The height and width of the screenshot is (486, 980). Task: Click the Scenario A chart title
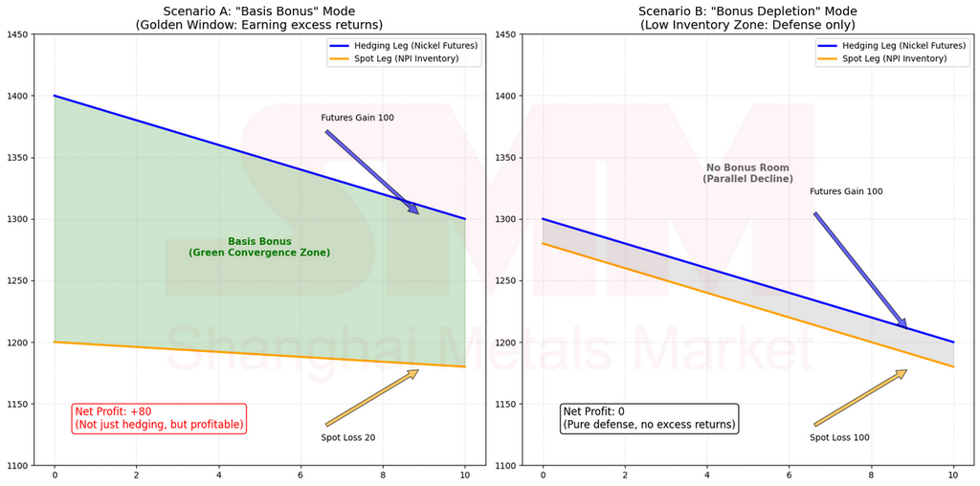[259, 17]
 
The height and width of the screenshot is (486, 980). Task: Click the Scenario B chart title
[747, 17]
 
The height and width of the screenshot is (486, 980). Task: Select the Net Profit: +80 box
[159, 418]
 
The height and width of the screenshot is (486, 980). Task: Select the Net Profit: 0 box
[650, 418]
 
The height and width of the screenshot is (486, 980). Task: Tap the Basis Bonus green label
[259, 247]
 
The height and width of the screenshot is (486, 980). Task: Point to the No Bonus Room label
[747, 173]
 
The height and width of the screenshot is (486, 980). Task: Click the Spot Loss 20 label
[348, 437]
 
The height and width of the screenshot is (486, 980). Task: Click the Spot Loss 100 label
[839, 437]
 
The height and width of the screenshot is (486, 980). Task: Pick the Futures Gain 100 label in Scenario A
[357, 118]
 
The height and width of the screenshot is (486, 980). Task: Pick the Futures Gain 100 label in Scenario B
[846, 191]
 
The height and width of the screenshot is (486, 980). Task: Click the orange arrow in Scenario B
[860, 397]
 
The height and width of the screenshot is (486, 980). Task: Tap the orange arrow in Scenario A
[372, 397]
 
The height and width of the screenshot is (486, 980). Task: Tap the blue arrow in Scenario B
[860, 270]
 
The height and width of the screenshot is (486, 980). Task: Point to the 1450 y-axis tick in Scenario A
[17, 34]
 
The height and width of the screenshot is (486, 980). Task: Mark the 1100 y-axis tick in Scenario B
[505, 465]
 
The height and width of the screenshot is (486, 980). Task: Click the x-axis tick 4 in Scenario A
[218, 475]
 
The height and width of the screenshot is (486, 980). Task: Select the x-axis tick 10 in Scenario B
[953, 475]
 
